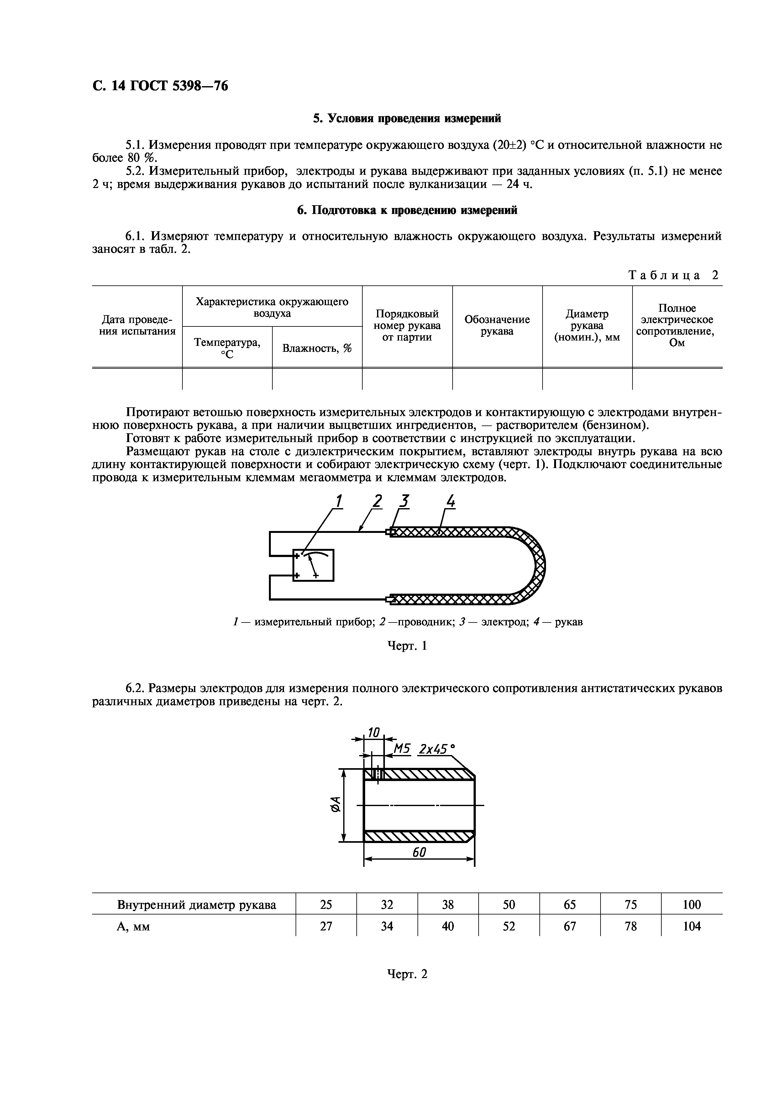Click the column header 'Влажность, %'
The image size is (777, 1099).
pos(317,348)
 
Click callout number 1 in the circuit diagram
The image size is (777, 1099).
pos(339,502)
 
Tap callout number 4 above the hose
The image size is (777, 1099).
pos(450,502)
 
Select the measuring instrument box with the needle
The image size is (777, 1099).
pos(313,565)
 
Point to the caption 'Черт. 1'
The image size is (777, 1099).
pos(407,646)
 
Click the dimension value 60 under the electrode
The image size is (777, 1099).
pos(419,852)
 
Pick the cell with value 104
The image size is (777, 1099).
pos(691,926)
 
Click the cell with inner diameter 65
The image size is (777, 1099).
pos(570,905)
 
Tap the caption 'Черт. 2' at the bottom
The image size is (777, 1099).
pos(407,974)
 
